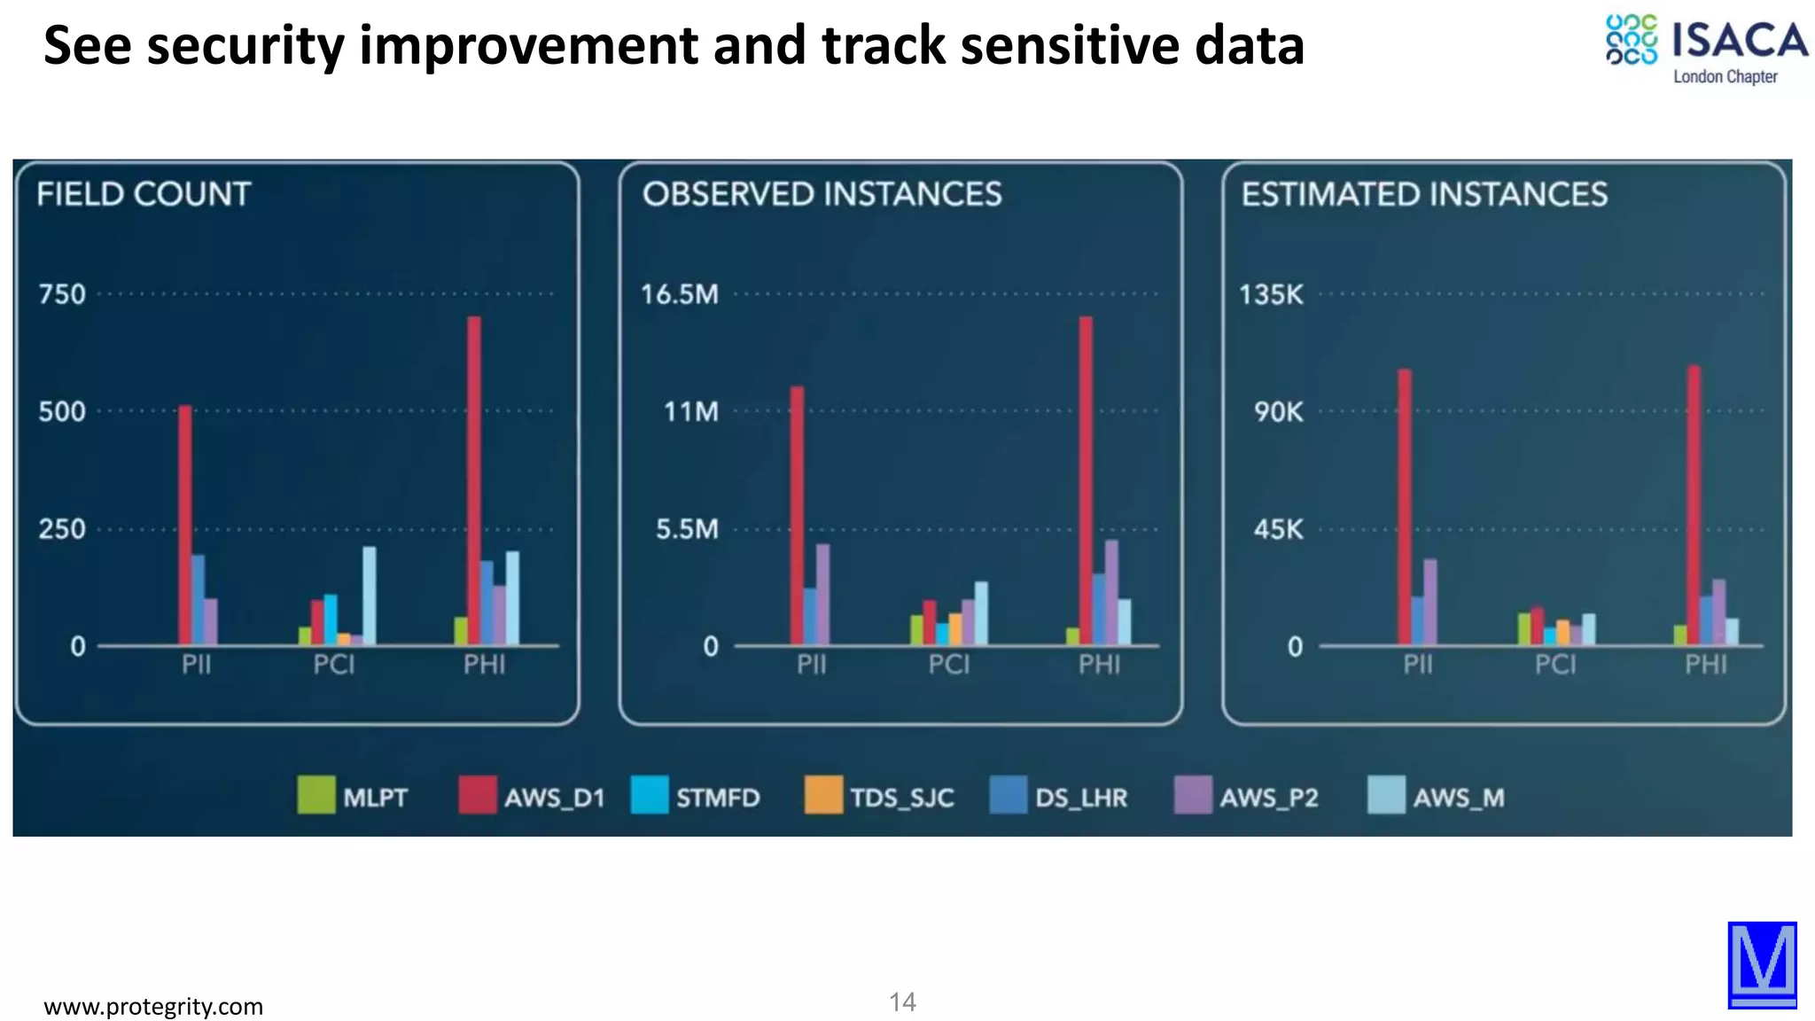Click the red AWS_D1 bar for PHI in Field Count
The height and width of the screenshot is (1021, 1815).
click(x=474, y=479)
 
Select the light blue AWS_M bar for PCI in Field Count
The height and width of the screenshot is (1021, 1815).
click(x=369, y=596)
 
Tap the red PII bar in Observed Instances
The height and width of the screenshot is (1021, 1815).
click(x=797, y=514)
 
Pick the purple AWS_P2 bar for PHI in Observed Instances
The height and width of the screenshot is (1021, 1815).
click(x=1111, y=592)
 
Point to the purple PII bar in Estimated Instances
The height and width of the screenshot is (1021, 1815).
click(x=1430, y=601)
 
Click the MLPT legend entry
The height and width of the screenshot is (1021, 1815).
click(x=353, y=796)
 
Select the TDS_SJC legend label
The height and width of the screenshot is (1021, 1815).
click(x=901, y=798)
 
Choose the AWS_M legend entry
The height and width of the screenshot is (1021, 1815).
click(x=1436, y=796)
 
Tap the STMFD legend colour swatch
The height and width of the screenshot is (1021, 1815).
click(x=650, y=795)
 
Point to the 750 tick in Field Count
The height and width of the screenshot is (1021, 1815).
click(x=62, y=294)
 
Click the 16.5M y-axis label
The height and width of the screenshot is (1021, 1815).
click(x=680, y=294)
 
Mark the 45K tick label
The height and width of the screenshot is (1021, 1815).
click(x=1278, y=530)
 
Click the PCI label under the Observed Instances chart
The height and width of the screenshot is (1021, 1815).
click(x=949, y=664)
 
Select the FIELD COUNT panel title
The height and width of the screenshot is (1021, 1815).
click(x=144, y=194)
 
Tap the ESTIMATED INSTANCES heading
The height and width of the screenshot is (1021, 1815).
click(x=1423, y=194)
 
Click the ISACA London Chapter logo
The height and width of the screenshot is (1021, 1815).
click(x=1706, y=50)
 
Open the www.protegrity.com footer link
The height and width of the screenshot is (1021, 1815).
click(x=153, y=1006)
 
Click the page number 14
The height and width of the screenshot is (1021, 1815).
click(x=902, y=1002)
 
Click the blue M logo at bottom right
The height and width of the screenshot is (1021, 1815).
click(x=1762, y=964)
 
